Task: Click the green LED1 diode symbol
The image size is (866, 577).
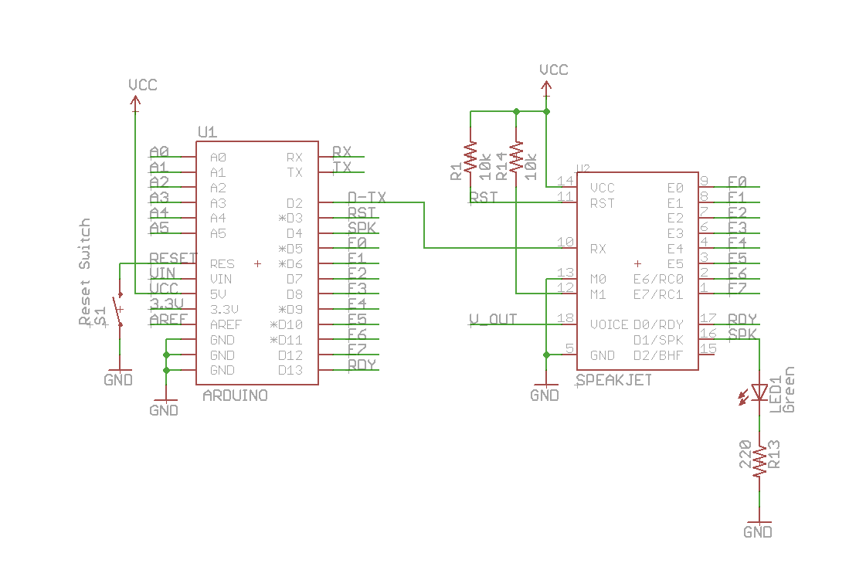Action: [759, 393]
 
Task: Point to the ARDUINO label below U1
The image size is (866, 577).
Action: [235, 395]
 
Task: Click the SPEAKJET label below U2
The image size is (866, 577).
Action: [614, 380]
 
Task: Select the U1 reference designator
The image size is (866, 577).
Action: [207, 132]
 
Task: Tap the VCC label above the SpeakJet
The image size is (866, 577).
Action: [553, 70]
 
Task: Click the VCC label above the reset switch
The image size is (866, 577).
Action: [142, 84]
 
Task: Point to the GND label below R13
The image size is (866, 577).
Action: [757, 532]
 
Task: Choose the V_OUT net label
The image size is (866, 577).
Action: [494, 319]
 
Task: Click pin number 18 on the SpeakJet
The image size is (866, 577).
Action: [565, 318]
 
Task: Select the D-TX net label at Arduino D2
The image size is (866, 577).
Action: [367, 197]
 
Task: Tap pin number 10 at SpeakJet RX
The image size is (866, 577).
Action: [565, 243]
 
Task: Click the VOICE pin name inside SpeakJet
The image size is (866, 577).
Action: [609, 324]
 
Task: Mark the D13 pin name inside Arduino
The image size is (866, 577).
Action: [290, 371]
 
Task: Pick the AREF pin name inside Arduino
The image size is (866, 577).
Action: [225, 324]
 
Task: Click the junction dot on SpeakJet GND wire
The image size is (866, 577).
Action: [546, 355]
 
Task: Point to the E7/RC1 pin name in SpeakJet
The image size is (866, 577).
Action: [657, 294]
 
